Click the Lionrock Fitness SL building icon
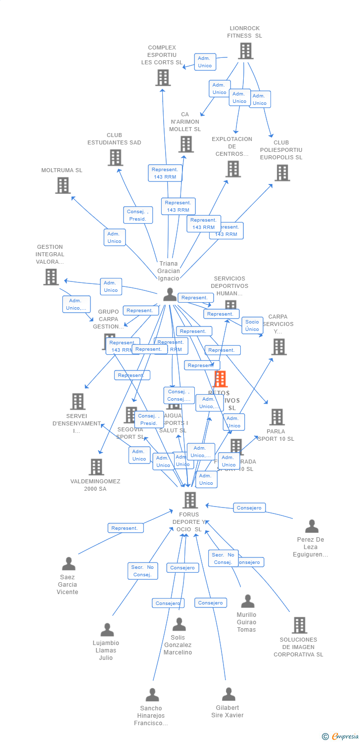click(246, 50)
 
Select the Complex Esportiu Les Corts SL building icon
click(163, 77)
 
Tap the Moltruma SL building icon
click(63, 185)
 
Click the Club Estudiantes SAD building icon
click(115, 157)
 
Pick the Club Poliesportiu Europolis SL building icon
click(282, 173)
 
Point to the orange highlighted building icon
click(220, 379)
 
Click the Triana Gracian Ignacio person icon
click(170, 294)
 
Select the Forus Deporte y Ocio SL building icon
click(190, 500)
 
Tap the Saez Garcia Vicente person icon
click(69, 563)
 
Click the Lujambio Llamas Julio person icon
click(107, 630)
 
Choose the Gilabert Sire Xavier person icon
click(228, 694)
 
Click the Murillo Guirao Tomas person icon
click(247, 601)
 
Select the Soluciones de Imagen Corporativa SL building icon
click(299, 625)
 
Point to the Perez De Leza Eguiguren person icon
click(312, 526)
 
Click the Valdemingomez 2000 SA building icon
click(96, 466)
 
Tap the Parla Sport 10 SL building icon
click(277, 417)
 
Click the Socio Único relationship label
click(252, 325)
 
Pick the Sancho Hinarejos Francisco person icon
click(152, 695)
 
